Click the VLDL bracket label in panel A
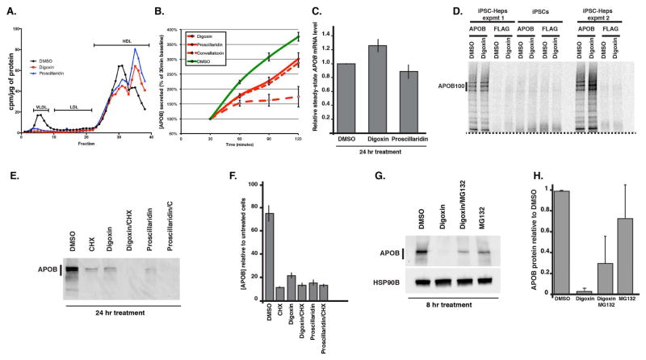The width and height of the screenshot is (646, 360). (40, 107)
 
